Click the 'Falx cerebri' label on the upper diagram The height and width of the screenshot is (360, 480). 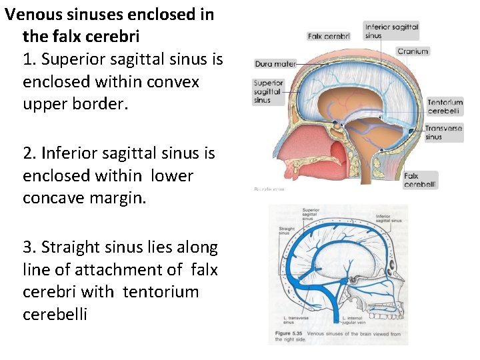(329, 36)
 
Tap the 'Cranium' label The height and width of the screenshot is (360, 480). (413, 51)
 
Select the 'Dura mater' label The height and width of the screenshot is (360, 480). (275, 65)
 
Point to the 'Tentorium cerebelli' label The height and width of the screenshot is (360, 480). (445, 106)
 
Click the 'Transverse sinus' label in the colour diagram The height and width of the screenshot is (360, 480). (443, 132)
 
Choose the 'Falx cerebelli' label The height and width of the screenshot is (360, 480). (421, 180)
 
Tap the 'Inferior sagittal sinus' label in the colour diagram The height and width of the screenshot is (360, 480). (391, 31)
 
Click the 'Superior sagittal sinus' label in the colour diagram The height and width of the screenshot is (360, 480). (268, 92)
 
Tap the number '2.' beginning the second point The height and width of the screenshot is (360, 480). (29, 153)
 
